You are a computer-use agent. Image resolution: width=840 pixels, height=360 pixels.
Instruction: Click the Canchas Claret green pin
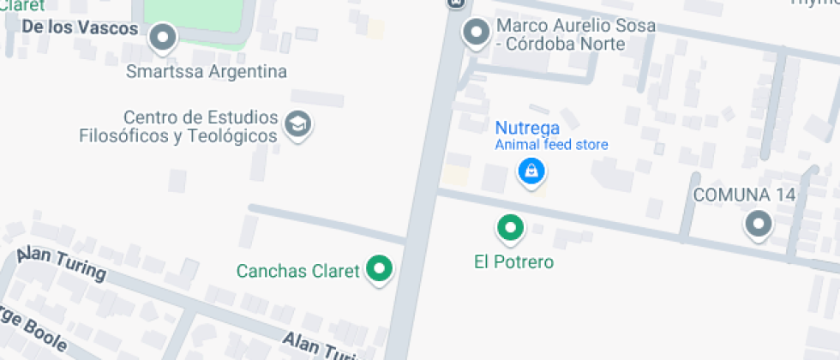379,269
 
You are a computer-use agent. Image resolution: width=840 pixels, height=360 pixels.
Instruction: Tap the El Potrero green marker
511,227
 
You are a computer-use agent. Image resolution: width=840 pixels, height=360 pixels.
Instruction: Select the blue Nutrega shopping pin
531,171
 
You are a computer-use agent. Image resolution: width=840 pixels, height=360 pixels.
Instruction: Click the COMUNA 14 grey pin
758,225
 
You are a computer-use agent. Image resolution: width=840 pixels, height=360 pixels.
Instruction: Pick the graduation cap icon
298,125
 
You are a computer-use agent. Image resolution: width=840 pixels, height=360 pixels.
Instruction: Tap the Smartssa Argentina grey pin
163,37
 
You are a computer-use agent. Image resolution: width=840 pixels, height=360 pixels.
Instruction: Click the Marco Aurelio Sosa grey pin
476,33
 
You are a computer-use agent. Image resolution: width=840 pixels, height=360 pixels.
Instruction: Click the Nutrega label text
527,128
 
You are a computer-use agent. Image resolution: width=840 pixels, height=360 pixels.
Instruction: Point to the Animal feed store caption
551,145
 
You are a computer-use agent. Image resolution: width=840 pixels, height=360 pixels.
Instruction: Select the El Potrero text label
513,262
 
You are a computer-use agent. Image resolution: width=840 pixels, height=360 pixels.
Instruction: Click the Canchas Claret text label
297,272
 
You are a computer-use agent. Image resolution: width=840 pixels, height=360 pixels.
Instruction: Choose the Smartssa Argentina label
206,71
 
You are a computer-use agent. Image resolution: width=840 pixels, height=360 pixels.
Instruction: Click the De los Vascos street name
80,28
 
